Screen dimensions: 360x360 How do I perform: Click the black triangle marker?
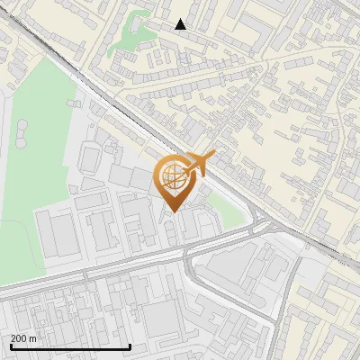pyautogui.click(x=181, y=24)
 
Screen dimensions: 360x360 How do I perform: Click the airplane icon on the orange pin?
pyautogui.click(x=198, y=165)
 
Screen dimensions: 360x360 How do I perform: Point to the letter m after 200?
pyautogui.click(x=33, y=338)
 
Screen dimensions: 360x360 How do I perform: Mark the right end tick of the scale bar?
pyautogui.click(x=130, y=345)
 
